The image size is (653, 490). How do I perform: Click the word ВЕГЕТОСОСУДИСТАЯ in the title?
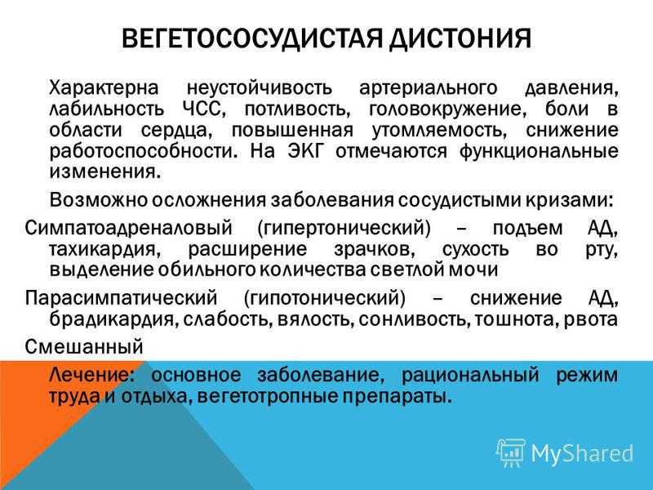tap(251, 39)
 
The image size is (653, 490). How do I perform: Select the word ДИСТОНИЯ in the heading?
tap(460, 39)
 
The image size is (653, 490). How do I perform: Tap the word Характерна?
tap(104, 88)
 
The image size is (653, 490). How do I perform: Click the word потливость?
tap(296, 109)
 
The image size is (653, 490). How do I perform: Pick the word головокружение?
tap(445, 109)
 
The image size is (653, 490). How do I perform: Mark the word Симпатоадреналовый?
tap(128, 229)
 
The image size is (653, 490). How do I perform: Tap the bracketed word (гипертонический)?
tap(344, 229)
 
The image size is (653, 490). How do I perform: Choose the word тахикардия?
tap(104, 250)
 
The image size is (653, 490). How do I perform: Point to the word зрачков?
tap(374, 250)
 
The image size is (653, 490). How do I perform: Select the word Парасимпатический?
tap(121, 298)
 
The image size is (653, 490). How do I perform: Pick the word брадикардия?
tap(113, 319)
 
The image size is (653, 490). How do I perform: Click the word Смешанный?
tap(84, 346)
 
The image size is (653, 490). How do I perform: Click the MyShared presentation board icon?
tap(511, 453)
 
